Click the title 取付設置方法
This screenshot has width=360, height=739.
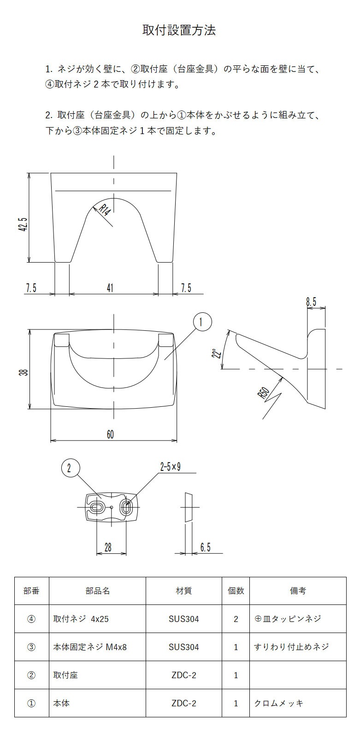coord(179,30)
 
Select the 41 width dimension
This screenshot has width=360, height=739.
coord(110,288)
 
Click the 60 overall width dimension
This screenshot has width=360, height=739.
coord(110,434)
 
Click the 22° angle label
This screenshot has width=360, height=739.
coord(215,354)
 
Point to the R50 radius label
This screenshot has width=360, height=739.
coord(263,393)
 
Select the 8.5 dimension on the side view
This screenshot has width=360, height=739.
coord(311,302)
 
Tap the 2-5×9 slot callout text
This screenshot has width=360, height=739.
coord(170,467)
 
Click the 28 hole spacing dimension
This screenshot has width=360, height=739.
coord(108,547)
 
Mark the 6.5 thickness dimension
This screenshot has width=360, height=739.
coord(205,547)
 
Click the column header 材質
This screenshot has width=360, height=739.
coord(183,591)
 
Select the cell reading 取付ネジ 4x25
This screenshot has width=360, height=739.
coord(81,619)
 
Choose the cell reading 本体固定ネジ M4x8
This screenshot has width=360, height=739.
coord(90,647)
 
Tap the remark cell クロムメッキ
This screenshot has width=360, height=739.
coord(279,703)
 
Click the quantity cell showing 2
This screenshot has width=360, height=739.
coord(236,619)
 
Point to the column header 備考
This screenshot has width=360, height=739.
coord(297,591)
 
